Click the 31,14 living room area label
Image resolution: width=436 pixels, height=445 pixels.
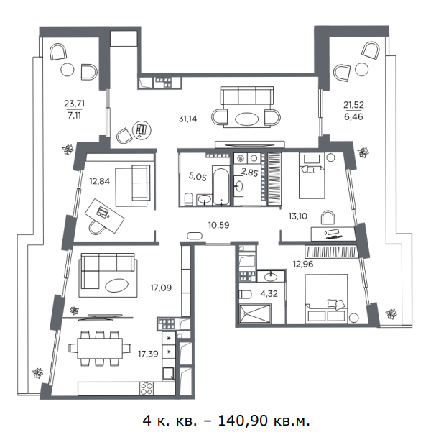coord(187,119)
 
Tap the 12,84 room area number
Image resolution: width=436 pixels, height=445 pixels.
coord(100,181)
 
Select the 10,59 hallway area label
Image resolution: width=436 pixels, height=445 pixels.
coord(218,225)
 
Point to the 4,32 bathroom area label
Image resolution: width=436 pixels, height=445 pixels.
coord(269,294)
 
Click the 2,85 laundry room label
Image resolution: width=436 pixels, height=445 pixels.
coord(249,172)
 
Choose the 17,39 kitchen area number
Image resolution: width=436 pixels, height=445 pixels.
coord(148,354)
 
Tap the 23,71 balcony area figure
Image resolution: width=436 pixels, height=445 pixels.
coord(74,104)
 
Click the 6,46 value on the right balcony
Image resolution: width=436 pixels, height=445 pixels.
coord(353,116)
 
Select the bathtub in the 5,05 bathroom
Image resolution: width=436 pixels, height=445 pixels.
coord(221,186)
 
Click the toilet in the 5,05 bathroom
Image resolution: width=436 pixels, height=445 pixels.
coord(188,198)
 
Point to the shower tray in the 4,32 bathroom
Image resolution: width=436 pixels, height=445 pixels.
coord(255,313)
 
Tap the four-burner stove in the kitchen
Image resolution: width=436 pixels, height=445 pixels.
coord(147,388)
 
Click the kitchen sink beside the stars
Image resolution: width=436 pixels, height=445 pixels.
coord(168,374)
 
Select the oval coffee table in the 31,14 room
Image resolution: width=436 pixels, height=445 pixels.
coord(246,119)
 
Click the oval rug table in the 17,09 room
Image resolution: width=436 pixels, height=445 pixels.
coord(116,285)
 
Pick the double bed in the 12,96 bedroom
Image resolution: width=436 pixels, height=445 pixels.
coord(326,298)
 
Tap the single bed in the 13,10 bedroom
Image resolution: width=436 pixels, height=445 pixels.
coord(312,175)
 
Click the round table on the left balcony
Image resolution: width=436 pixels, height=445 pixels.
coord(68,69)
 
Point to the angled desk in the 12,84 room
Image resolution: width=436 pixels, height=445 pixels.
coord(105,216)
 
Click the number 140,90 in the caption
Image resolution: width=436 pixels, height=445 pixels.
coord(242,421)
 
